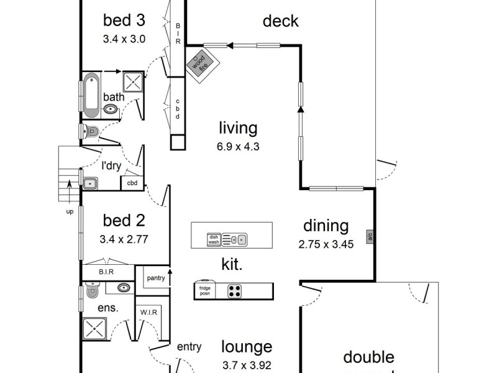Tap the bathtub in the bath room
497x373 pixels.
tap(91, 95)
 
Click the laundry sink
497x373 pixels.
tap(91, 183)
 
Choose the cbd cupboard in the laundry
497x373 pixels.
tap(132, 183)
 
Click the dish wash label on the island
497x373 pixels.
tap(214, 239)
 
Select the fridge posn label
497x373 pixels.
tap(204, 291)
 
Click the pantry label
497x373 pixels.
tap(156, 278)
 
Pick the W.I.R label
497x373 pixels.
tap(148, 312)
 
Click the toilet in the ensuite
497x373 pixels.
tap(93, 290)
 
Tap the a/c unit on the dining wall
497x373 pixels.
tap(370, 236)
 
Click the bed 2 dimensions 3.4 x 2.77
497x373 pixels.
tap(124, 239)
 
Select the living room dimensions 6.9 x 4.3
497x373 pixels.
tap(238, 147)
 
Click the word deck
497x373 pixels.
tap(281, 21)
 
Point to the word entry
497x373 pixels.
tap(189, 347)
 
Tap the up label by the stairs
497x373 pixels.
tap(69, 212)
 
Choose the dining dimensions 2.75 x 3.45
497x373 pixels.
tap(326, 244)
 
